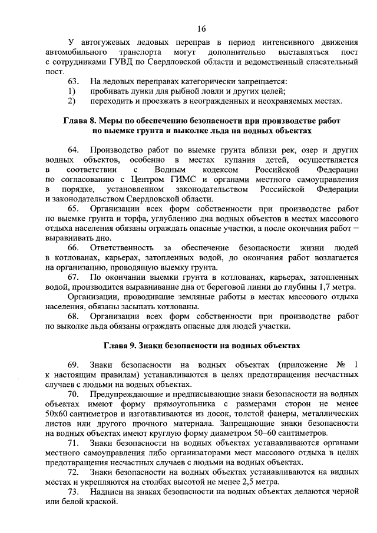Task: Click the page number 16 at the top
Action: (201, 28)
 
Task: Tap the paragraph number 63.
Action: (74, 81)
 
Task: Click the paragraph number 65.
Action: (74, 208)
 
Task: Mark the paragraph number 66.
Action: (74, 247)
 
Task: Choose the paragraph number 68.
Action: (74, 316)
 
